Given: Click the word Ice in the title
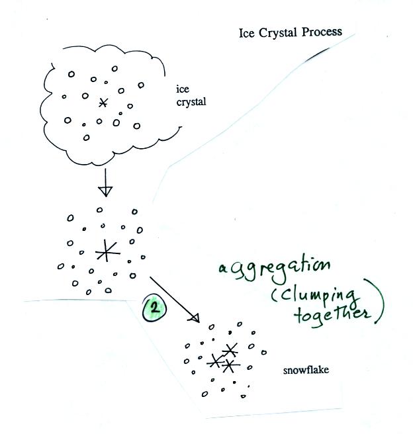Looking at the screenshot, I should tap(248, 33).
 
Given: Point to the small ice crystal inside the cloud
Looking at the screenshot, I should tap(102, 102).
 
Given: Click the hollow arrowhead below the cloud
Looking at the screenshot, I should tap(105, 191).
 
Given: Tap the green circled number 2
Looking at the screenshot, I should tap(157, 308).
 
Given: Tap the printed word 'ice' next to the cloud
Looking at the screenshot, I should tap(182, 90).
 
